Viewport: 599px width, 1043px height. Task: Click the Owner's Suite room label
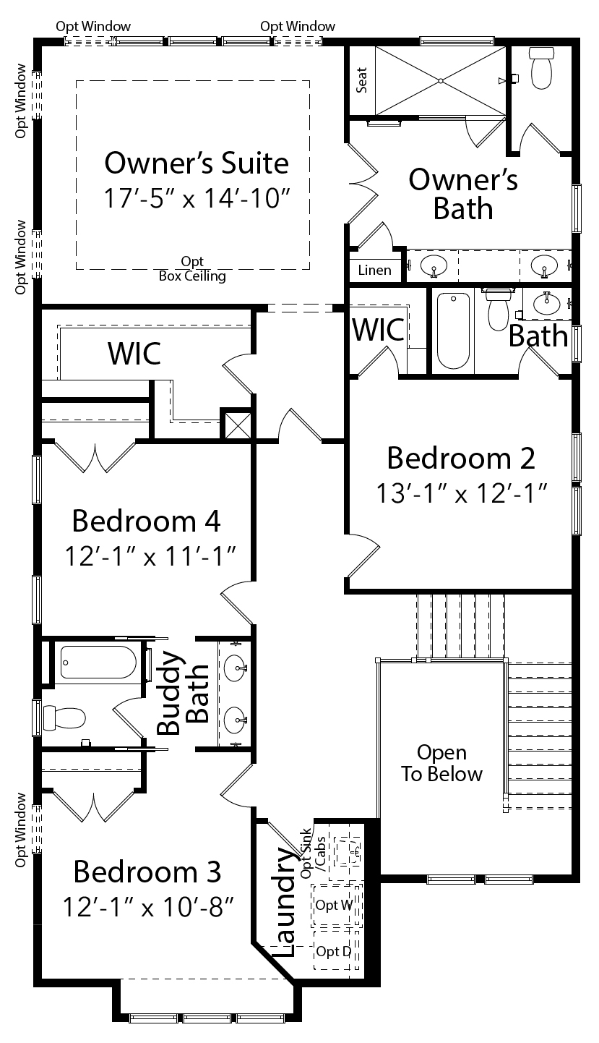click(x=197, y=163)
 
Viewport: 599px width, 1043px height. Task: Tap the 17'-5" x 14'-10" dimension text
click(x=197, y=198)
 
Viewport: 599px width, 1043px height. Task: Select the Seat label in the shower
click(x=361, y=80)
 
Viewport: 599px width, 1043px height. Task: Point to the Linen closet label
click(x=374, y=270)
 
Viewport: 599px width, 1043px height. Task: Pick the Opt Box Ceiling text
click(x=192, y=268)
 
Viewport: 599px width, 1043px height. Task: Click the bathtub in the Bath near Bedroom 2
click(x=453, y=331)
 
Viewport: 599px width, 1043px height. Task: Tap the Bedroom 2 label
click(x=461, y=458)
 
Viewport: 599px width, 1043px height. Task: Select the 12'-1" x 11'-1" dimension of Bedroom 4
click(x=150, y=556)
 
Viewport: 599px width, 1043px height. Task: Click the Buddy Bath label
click(x=182, y=693)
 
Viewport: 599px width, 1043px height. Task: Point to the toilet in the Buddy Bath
click(x=64, y=718)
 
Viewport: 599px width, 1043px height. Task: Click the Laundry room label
click(x=283, y=901)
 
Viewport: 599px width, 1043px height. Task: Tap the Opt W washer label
click(x=334, y=905)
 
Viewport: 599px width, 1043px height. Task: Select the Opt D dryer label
click(x=333, y=951)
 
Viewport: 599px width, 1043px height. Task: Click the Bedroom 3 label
click(x=147, y=872)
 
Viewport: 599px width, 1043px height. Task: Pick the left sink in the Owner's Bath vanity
click(x=434, y=266)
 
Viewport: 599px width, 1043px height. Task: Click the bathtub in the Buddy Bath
click(x=98, y=662)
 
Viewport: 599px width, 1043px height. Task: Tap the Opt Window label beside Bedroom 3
click(x=20, y=830)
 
